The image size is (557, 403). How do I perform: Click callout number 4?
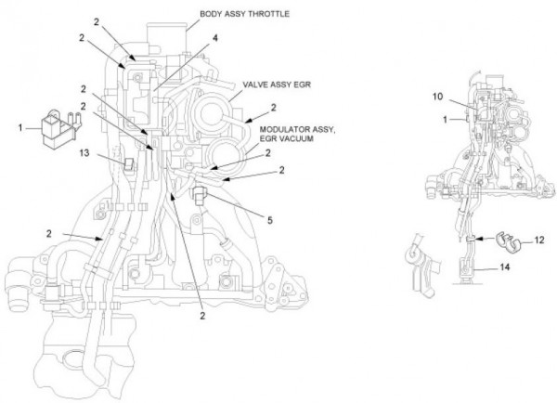pos(214,39)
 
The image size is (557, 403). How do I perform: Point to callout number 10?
pos(437,96)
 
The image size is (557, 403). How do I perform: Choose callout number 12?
pos(539,241)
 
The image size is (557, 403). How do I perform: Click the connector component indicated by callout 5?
pos(201,196)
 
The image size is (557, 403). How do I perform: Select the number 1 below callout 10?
pos(444,119)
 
